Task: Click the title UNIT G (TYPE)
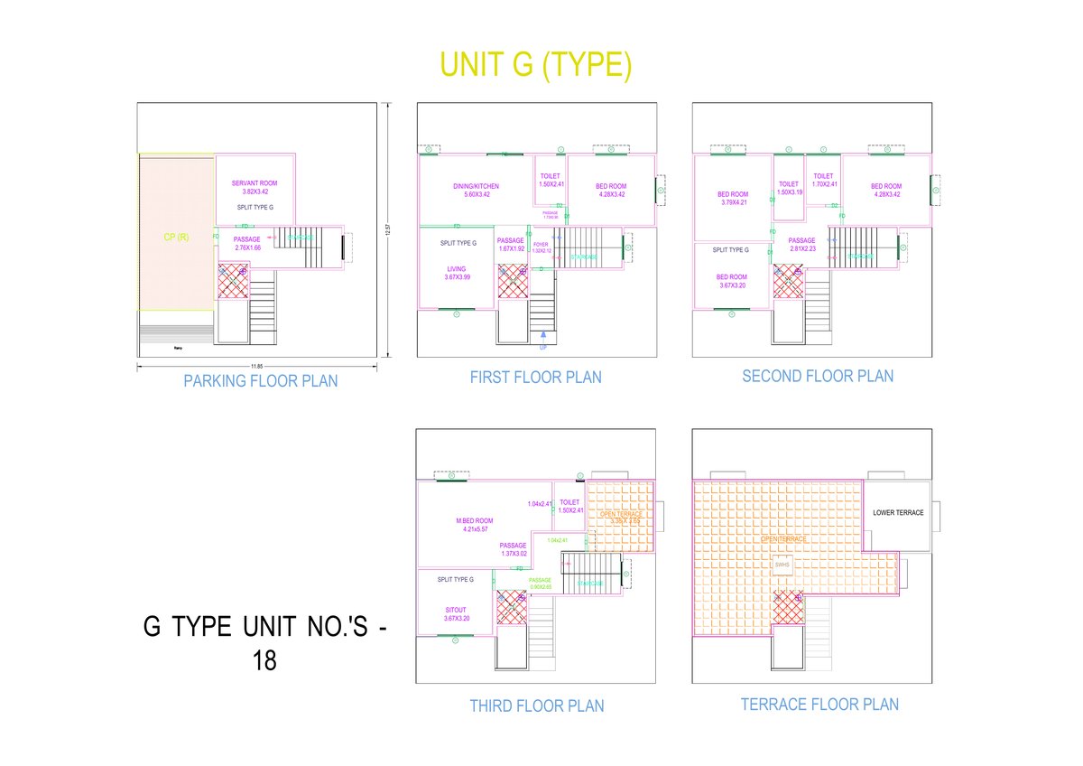(x=535, y=65)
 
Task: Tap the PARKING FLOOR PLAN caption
(x=261, y=381)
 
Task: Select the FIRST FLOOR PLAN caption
(x=535, y=378)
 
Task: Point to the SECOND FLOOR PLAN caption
(x=818, y=376)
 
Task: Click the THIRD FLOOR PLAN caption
(x=537, y=705)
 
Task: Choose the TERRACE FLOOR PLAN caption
(x=819, y=705)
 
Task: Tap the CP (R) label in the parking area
(x=176, y=238)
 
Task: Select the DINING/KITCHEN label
(x=476, y=187)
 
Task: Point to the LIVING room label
(x=457, y=269)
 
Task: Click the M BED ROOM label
(x=475, y=520)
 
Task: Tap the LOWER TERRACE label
(x=898, y=513)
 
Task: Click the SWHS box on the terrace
(x=782, y=565)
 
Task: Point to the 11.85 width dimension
(x=256, y=364)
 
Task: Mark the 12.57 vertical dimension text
(x=388, y=231)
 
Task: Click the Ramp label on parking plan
(x=177, y=346)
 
